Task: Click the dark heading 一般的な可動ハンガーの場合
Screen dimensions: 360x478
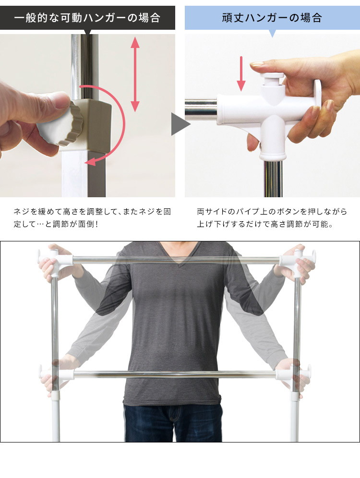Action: (87, 18)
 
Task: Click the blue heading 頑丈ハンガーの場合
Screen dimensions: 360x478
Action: (272, 18)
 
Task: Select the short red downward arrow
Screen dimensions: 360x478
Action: (241, 73)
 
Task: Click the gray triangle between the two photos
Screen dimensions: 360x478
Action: (180, 124)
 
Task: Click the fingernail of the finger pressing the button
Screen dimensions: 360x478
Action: (257, 64)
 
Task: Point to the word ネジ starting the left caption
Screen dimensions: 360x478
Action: (21, 212)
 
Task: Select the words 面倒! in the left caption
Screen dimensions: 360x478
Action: (88, 224)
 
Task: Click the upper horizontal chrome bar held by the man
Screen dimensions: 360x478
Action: (176, 260)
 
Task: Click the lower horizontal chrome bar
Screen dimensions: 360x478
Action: (175, 374)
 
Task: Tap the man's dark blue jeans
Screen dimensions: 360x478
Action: (173, 423)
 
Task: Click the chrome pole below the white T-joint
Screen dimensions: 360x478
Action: (273, 179)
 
